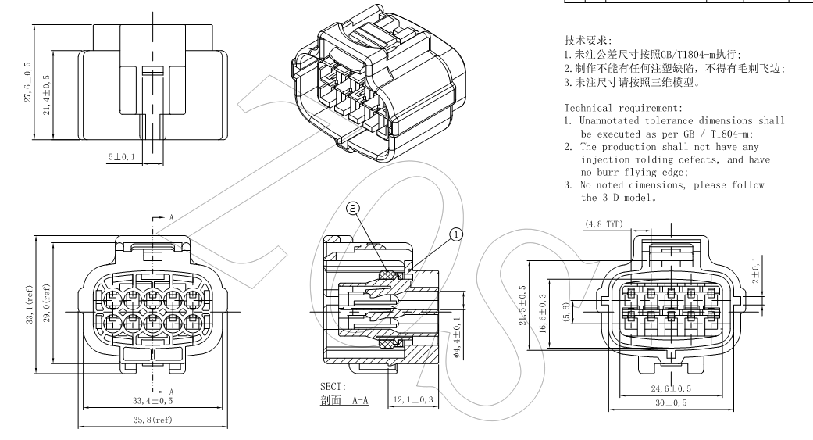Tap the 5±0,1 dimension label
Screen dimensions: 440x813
(120, 158)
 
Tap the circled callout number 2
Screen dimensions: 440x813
(353, 209)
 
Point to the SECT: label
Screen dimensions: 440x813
(333, 387)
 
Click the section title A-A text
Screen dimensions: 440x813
(344, 400)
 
